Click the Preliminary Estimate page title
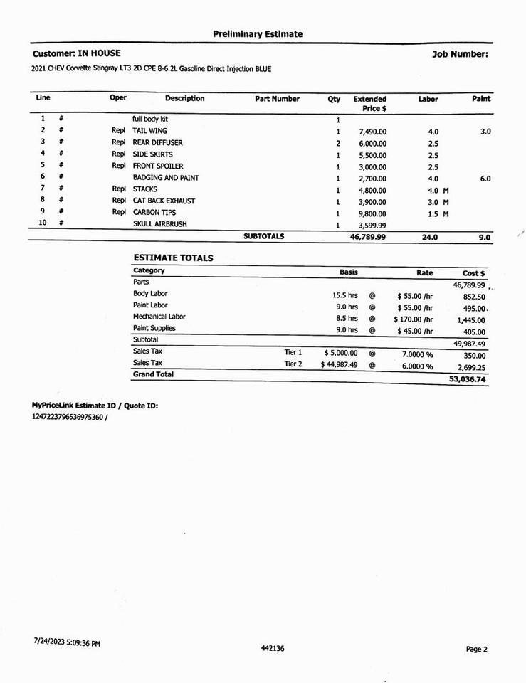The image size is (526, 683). click(257, 34)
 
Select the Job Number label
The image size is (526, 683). click(460, 54)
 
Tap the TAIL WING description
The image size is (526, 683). click(149, 132)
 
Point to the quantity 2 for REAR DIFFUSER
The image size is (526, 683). click(338, 144)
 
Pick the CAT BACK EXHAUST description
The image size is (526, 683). click(164, 201)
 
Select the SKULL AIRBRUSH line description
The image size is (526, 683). click(154, 225)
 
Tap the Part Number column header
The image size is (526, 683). click(277, 100)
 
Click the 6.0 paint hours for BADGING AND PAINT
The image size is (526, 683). click(485, 179)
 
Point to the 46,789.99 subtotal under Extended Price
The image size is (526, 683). click(368, 238)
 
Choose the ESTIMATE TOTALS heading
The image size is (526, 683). click(173, 258)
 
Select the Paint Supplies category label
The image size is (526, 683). click(154, 329)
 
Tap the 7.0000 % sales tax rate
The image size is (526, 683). click(417, 354)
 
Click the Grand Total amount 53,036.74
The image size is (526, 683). click(468, 380)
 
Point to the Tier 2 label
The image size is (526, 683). click(293, 364)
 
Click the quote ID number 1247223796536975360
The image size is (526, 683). click(67, 417)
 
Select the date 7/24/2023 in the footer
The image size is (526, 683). click(48, 642)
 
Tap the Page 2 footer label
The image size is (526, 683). click(476, 649)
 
